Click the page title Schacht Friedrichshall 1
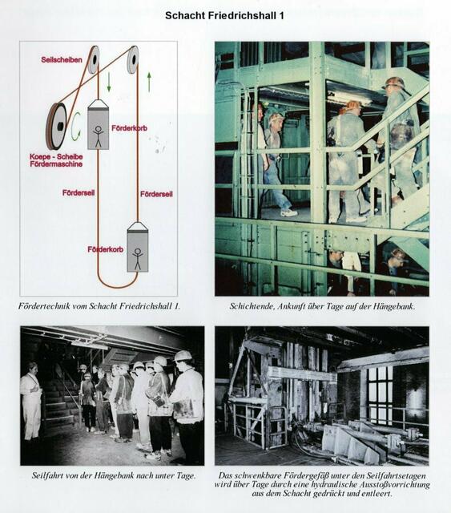[x=224, y=15]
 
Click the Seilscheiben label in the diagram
[x=62, y=59]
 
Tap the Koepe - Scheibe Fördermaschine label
[x=56, y=160]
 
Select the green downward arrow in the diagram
[x=109, y=82]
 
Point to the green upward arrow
[x=149, y=82]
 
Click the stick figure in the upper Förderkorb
[x=98, y=135]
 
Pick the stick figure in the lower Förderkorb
[x=138, y=259]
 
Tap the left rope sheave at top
[x=93, y=59]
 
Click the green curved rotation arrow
[x=75, y=127]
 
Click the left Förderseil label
[x=79, y=192]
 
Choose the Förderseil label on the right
[x=156, y=194]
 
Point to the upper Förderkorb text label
[x=129, y=128]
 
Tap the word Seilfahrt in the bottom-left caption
[x=45, y=475]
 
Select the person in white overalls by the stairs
[x=31, y=402]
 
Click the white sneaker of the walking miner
[x=289, y=213]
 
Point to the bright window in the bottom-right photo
[x=380, y=395]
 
